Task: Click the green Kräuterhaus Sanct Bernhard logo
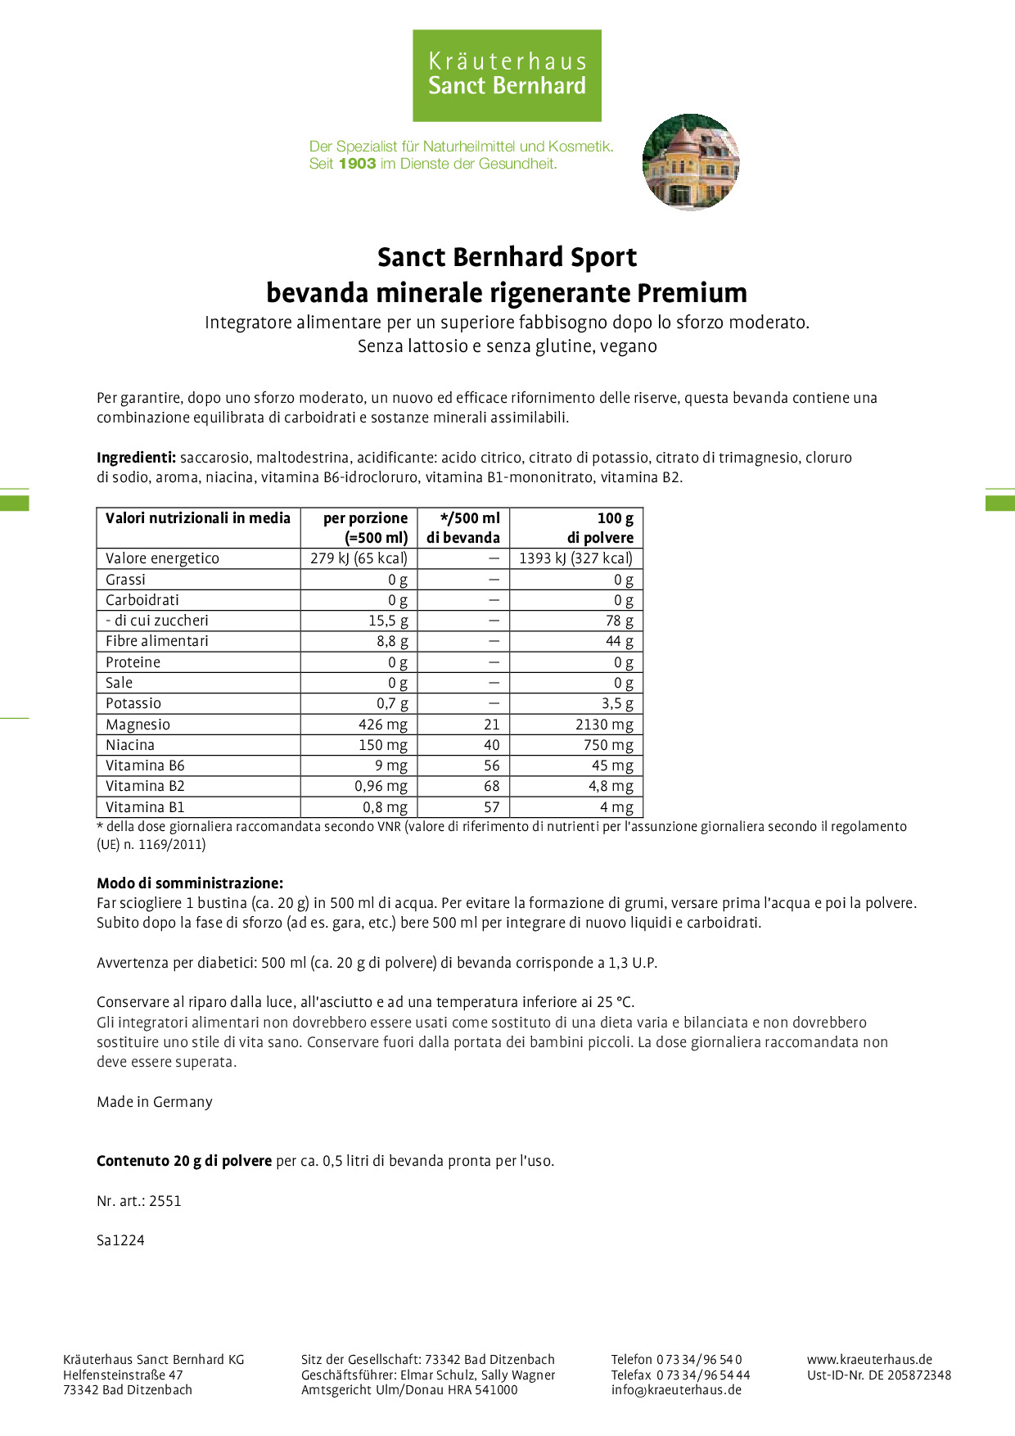[507, 75]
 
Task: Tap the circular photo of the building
[691, 162]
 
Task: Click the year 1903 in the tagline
[357, 164]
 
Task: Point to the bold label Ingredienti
[136, 458]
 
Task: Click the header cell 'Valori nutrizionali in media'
[198, 518]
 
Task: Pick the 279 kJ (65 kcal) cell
[359, 558]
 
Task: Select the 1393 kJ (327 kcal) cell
[576, 558]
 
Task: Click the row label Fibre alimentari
[157, 641]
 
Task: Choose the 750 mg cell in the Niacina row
[608, 745]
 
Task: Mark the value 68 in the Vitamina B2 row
[491, 786]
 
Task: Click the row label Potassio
[133, 703]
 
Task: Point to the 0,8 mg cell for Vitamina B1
[384, 807]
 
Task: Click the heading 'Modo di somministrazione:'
[190, 883]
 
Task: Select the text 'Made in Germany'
[155, 1102]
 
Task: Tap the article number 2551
[165, 1201]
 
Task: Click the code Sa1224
[120, 1240]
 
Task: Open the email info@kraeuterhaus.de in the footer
[676, 1389]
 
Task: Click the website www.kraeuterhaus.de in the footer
[869, 1360]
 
